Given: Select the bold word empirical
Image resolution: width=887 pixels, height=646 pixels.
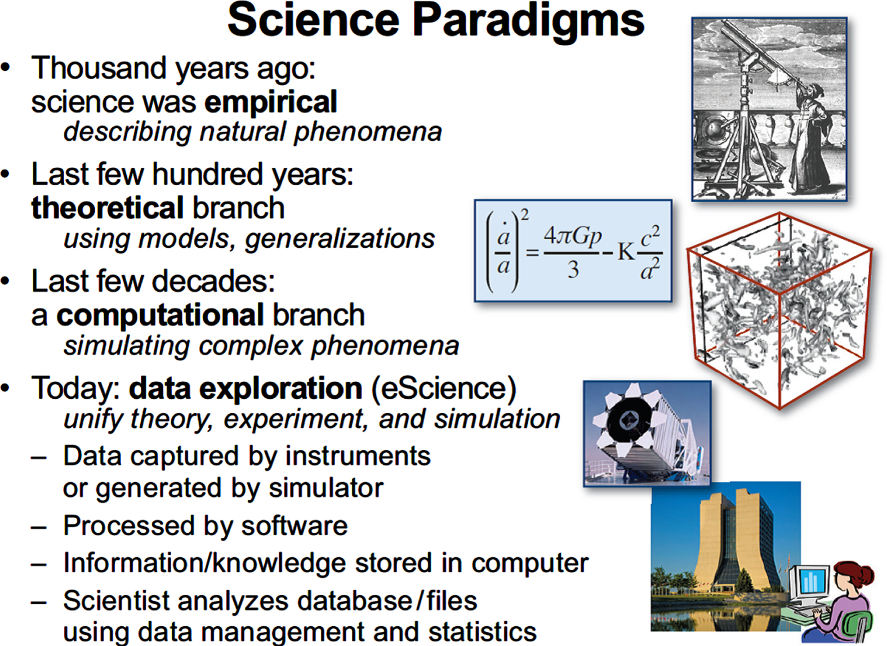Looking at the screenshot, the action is click(x=271, y=103).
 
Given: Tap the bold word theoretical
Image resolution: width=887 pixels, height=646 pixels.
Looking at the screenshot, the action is click(x=108, y=208).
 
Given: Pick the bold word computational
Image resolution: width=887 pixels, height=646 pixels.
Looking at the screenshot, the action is click(x=160, y=315).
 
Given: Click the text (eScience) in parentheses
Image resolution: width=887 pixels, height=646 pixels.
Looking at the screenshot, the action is click(x=444, y=389).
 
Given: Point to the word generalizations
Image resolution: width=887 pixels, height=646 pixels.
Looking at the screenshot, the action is click(x=340, y=239).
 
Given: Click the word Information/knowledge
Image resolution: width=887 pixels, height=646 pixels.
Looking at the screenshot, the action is click(x=205, y=563).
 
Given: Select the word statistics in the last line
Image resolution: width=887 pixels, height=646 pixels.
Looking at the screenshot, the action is click(x=482, y=631).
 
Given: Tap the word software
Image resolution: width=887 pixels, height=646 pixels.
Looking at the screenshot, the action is click(x=295, y=526).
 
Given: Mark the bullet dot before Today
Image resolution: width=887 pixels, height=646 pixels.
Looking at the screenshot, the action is click(x=6, y=388).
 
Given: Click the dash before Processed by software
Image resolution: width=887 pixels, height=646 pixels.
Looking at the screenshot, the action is click(x=39, y=528).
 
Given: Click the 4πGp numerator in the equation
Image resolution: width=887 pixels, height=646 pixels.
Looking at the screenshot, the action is click(x=573, y=237).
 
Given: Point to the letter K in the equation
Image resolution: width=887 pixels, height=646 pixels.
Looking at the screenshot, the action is click(x=627, y=252).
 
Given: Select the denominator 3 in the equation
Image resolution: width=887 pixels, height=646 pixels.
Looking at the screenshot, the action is click(x=573, y=270).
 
